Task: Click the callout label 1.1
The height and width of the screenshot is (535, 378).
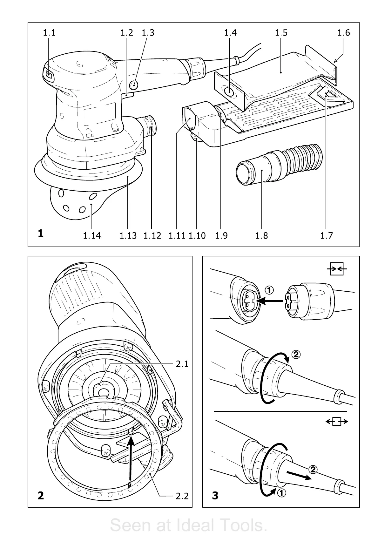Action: click(x=49, y=33)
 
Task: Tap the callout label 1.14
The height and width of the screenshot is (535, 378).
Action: click(x=92, y=235)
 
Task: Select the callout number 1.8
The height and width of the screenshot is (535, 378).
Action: click(x=261, y=235)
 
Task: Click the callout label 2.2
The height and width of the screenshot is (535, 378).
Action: click(x=182, y=496)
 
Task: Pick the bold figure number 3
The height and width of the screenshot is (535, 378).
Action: click(x=215, y=495)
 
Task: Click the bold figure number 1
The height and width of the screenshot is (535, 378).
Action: click(x=40, y=234)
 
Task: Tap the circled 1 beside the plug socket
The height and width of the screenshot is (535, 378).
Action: click(x=269, y=290)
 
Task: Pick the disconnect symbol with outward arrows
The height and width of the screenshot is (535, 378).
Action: click(x=337, y=422)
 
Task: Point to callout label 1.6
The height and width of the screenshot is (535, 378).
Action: click(x=343, y=33)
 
